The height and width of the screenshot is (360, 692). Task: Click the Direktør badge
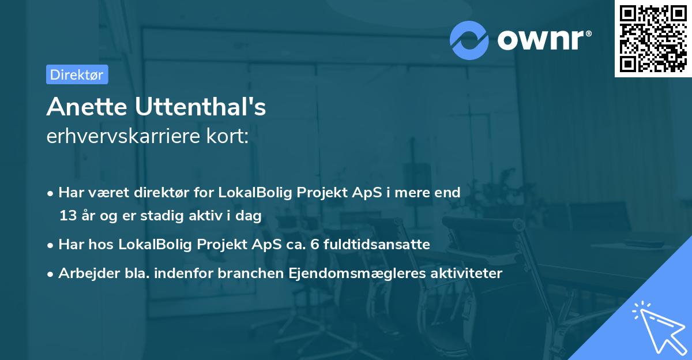point(77,74)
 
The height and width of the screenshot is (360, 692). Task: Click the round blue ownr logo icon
point(470,40)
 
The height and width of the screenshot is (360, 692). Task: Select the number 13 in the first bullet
point(67,216)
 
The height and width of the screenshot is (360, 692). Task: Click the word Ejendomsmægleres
point(348,273)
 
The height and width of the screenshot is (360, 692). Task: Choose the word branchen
point(251,273)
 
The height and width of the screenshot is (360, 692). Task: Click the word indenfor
point(194,273)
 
